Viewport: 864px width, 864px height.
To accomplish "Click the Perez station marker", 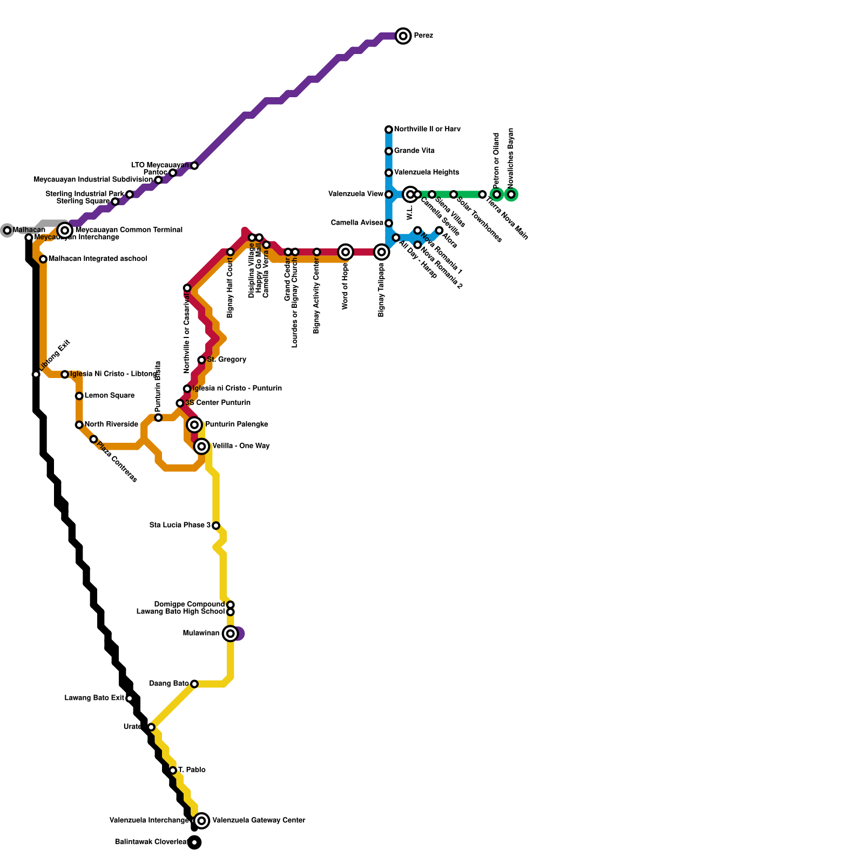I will click(403, 36).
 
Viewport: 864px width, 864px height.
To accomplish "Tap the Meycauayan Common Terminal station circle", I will click(65, 231).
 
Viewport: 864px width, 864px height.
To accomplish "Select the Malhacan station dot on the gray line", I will click(7, 231).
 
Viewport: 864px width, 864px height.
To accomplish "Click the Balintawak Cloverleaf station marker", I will click(194, 842).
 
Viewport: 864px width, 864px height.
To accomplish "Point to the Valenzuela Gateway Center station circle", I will click(201, 821).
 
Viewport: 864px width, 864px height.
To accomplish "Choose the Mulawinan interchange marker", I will click(231, 633).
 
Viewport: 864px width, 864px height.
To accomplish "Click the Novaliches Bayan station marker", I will click(511, 194).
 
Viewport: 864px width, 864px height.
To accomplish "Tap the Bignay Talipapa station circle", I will click(382, 252).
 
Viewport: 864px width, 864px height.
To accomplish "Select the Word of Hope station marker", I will click(346, 252).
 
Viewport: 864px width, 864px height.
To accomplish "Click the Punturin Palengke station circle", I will click(194, 425).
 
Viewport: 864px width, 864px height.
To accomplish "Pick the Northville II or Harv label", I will click(427, 130).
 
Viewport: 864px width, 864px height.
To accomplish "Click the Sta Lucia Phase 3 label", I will click(180, 525).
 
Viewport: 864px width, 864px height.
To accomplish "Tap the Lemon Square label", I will click(110, 396).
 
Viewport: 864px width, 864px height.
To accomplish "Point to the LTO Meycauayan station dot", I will click(194, 166).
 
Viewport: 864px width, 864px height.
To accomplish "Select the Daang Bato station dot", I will click(194, 684).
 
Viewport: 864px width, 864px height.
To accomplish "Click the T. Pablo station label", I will click(192, 770).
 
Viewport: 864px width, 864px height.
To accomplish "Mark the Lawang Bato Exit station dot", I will click(130, 698).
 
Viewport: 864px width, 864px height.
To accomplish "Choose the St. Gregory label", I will click(226, 360).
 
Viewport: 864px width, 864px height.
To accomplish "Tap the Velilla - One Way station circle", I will click(201, 447).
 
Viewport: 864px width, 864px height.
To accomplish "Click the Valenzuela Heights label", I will click(427, 173).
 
